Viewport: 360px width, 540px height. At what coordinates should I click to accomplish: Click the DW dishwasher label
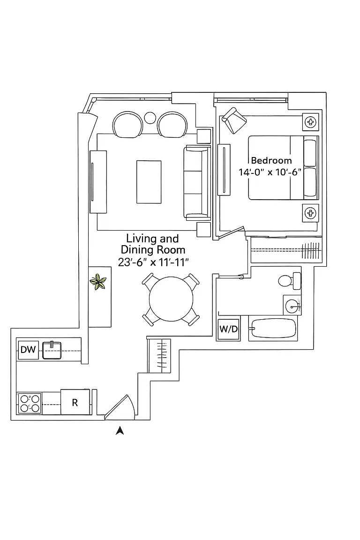tap(28, 350)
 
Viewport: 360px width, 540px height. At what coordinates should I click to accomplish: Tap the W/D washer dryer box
tap(229, 329)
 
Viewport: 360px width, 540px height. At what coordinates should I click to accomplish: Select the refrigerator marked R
tap(75, 402)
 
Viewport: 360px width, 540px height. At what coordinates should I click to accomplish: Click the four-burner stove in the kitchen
tap(30, 403)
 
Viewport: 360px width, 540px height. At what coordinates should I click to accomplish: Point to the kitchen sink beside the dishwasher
tap(52, 350)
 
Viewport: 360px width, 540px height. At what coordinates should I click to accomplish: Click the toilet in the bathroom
tap(289, 280)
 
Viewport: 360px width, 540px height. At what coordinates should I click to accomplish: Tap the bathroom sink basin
tap(293, 305)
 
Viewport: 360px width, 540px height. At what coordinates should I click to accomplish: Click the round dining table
tap(171, 299)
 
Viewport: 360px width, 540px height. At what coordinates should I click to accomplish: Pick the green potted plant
tap(98, 281)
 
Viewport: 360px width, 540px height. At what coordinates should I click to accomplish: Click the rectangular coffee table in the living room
tap(149, 182)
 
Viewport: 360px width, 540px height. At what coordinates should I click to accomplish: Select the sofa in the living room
tap(197, 183)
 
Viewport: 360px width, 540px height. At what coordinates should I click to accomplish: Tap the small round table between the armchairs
tap(150, 118)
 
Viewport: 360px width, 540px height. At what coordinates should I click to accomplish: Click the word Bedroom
tap(271, 160)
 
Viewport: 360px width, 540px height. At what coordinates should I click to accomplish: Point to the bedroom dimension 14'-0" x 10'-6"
tap(270, 172)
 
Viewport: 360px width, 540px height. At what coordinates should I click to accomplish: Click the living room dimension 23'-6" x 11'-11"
tap(153, 262)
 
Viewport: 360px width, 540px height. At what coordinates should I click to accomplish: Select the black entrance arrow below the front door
tap(120, 430)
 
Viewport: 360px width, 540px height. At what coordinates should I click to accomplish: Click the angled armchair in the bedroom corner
tap(234, 120)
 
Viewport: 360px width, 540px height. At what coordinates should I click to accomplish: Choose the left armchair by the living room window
tap(127, 124)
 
